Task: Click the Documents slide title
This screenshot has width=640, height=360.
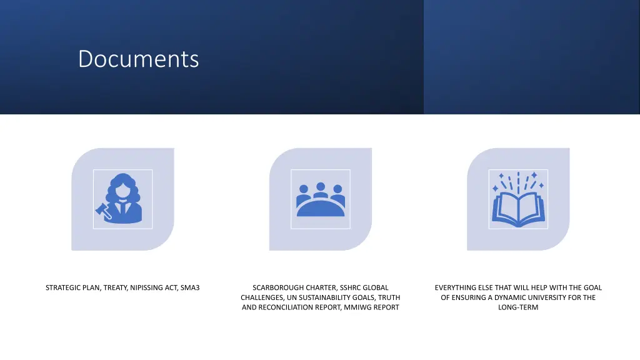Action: click(138, 59)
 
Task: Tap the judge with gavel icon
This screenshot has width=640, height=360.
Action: click(123, 199)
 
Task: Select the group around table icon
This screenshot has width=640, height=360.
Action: click(321, 199)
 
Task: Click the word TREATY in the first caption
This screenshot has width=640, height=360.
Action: click(116, 287)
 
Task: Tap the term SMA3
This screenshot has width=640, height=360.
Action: click(189, 287)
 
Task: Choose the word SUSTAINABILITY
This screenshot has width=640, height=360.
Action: click(341, 297)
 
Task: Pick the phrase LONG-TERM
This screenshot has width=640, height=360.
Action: click(518, 307)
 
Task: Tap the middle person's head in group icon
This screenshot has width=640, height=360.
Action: click(321, 186)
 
